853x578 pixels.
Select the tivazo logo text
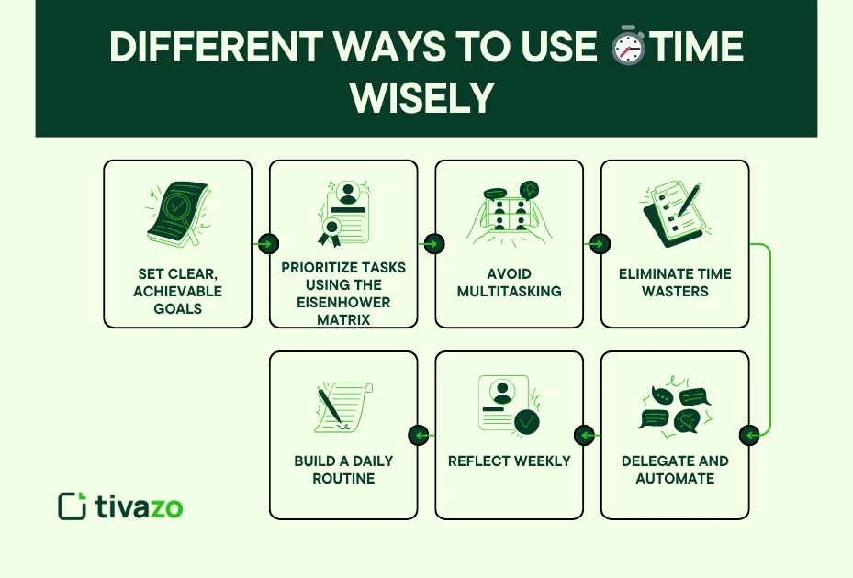[x=139, y=506]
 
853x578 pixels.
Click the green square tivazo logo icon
[x=72, y=506]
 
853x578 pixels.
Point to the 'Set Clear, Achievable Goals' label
[x=177, y=292]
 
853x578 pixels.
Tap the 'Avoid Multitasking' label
[x=509, y=283]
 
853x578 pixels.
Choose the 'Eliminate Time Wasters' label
[x=675, y=283]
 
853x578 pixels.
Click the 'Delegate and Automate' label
[x=675, y=469]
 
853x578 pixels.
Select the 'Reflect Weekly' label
[x=509, y=461]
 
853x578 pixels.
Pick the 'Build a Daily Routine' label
[x=343, y=469]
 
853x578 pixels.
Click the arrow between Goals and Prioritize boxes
[x=267, y=244]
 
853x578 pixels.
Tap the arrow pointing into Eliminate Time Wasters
[x=599, y=244]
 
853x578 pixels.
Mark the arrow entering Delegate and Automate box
[x=750, y=435]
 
